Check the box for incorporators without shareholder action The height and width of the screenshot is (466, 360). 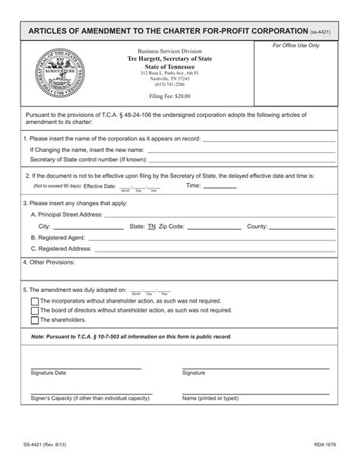(35, 301)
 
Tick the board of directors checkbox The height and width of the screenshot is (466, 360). (35, 310)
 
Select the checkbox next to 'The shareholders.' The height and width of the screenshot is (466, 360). (35, 320)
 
